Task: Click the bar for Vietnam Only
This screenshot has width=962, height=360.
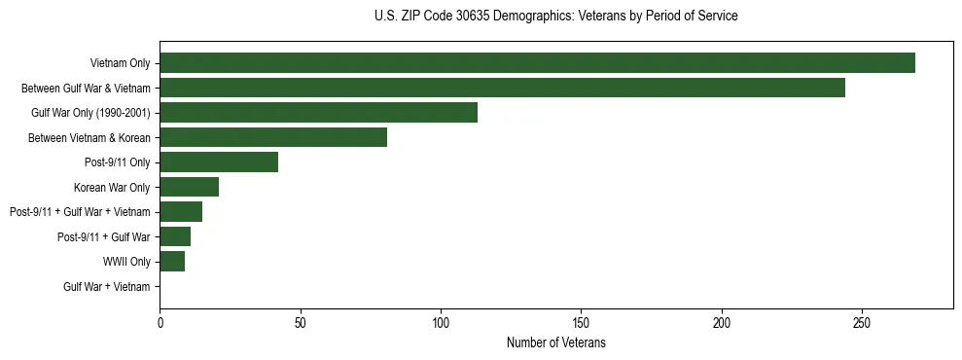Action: [x=537, y=63]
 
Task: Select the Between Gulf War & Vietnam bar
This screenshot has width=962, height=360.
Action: [x=502, y=88]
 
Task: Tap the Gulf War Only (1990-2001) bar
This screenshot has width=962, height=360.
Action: [x=318, y=113]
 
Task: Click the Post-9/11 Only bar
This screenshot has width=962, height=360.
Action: [x=219, y=162]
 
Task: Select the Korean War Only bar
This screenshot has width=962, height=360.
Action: [x=189, y=187]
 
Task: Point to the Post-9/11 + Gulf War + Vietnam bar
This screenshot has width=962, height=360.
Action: [x=181, y=212]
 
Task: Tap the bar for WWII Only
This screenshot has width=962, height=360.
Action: [x=172, y=262]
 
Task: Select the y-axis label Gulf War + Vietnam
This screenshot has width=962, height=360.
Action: [x=107, y=287]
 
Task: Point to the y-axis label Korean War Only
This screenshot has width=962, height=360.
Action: [x=112, y=187]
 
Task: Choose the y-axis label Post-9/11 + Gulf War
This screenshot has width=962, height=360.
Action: [x=104, y=237]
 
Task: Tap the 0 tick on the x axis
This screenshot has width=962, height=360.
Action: [x=160, y=322]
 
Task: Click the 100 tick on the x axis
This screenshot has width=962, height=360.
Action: [x=441, y=322]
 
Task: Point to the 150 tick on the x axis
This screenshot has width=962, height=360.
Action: [x=581, y=322]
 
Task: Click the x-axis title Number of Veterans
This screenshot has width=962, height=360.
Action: [x=555, y=342]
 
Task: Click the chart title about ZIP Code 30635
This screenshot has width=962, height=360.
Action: [x=555, y=17]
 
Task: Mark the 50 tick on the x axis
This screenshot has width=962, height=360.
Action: [x=300, y=322]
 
